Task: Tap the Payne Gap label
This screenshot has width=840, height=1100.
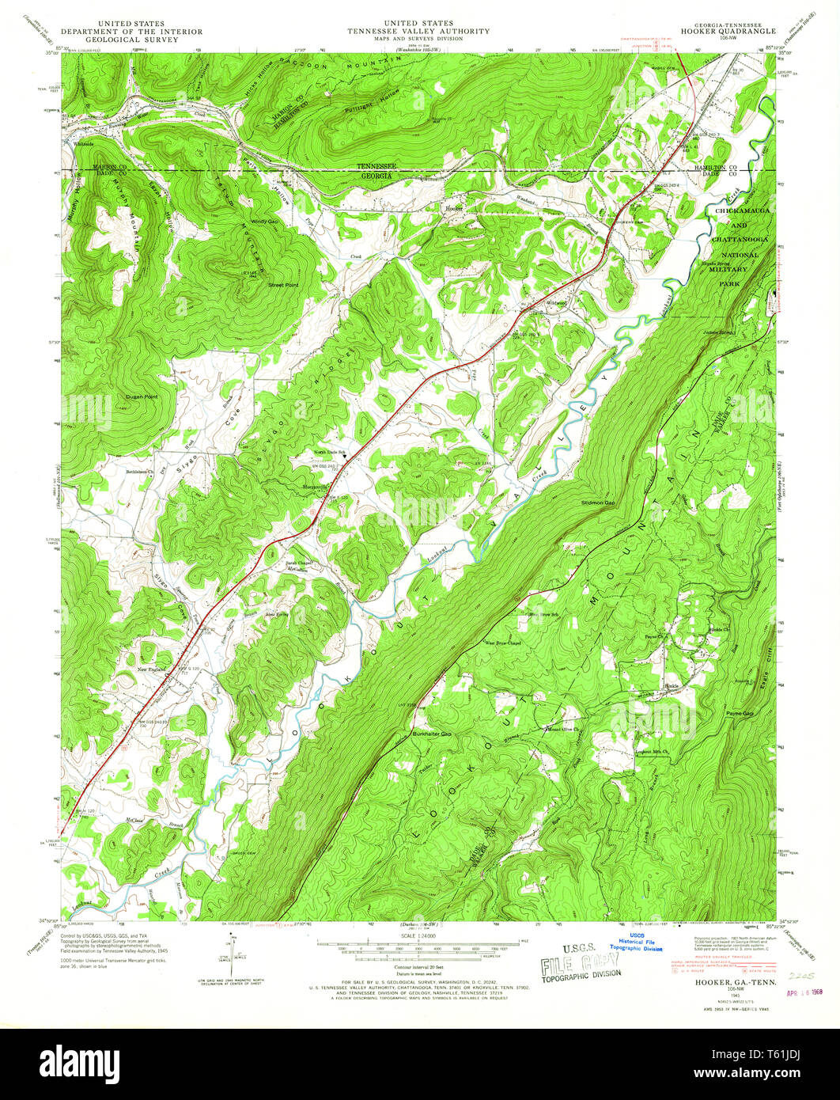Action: coord(740,714)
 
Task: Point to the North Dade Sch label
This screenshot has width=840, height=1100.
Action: coord(331,452)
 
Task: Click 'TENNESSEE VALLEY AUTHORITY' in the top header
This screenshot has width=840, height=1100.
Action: coord(418,32)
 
